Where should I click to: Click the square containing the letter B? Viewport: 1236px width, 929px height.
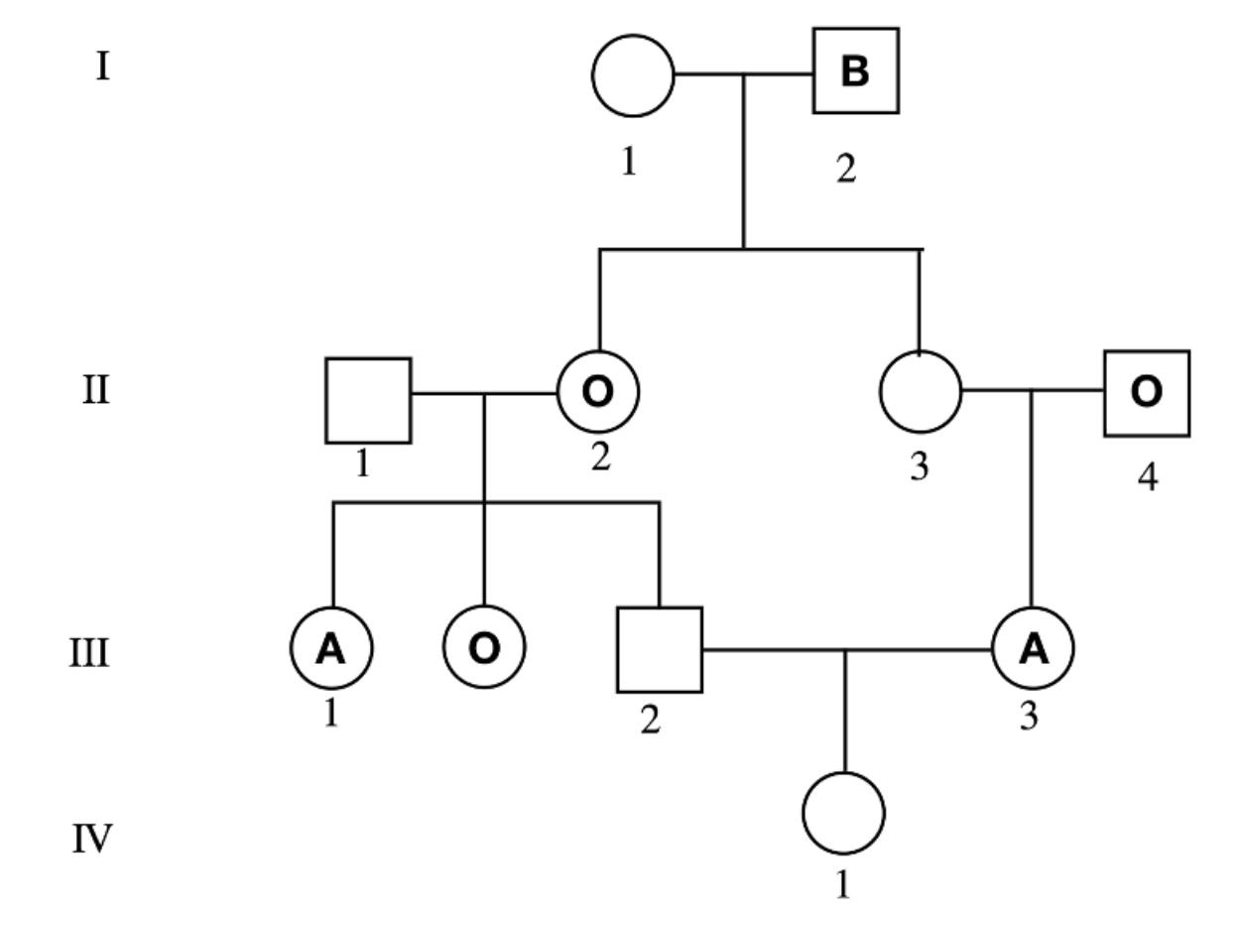coord(855,71)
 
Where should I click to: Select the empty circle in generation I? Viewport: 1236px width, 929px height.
coord(632,74)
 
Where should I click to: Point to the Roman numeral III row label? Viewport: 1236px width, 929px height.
coord(89,656)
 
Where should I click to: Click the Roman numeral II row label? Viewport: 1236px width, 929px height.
coord(95,390)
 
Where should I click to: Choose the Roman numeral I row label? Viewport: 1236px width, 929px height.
coord(101,67)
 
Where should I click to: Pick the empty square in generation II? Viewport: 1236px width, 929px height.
coord(368,400)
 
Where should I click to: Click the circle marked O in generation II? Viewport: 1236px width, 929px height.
coord(597,392)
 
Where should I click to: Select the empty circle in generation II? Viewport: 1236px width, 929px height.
coord(920,392)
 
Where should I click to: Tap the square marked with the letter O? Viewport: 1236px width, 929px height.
coord(1146,393)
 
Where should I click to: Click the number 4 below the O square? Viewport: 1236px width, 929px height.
coord(1147,478)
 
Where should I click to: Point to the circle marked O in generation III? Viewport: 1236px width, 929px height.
coord(484,647)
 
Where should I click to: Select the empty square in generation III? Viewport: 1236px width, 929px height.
coord(659,650)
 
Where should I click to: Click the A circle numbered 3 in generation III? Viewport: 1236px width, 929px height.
coord(1032,648)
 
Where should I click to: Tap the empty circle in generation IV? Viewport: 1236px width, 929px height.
coord(843,813)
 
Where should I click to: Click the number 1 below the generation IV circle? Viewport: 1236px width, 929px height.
coord(842,883)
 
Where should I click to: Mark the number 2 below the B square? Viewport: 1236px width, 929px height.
coord(845,169)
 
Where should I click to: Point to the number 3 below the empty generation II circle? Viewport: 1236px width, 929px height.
coord(920,466)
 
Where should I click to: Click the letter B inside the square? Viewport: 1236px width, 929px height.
coord(855,71)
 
